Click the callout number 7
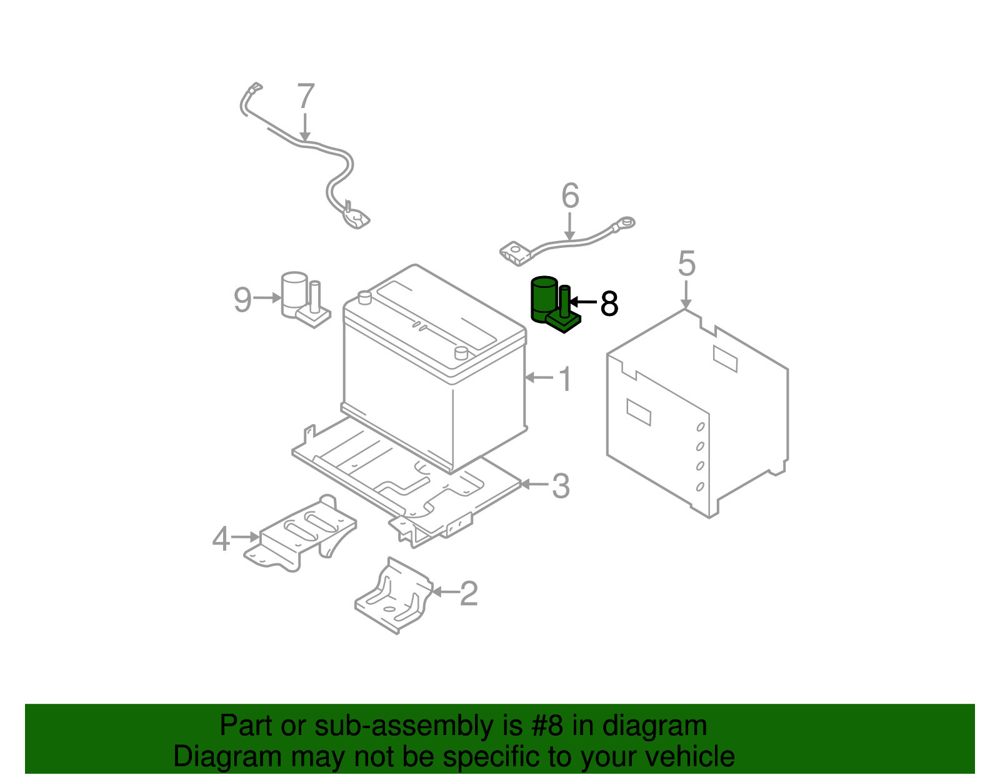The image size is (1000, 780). pyautogui.click(x=306, y=97)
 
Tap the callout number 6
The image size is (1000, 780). pyautogui.click(x=570, y=196)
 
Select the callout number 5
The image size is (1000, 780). pyautogui.click(x=686, y=264)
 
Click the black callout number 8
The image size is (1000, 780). pyautogui.click(x=609, y=304)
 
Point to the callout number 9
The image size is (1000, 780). pyautogui.click(x=242, y=300)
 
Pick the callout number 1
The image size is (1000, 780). pyautogui.click(x=565, y=379)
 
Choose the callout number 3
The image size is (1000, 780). pyautogui.click(x=561, y=486)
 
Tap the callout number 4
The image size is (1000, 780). pyautogui.click(x=221, y=539)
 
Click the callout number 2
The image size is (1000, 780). pyautogui.click(x=469, y=593)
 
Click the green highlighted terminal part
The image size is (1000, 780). pyautogui.click(x=553, y=305)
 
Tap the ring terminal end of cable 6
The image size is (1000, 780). pyautogui.click(x=626, y=221)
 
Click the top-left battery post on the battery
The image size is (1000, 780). pyautogui.click(x=364, y=297)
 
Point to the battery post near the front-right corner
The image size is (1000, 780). pyautogui.click(x=461, y=353)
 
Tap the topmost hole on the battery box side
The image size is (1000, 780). pyautogui.click(x=701, y=427)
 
